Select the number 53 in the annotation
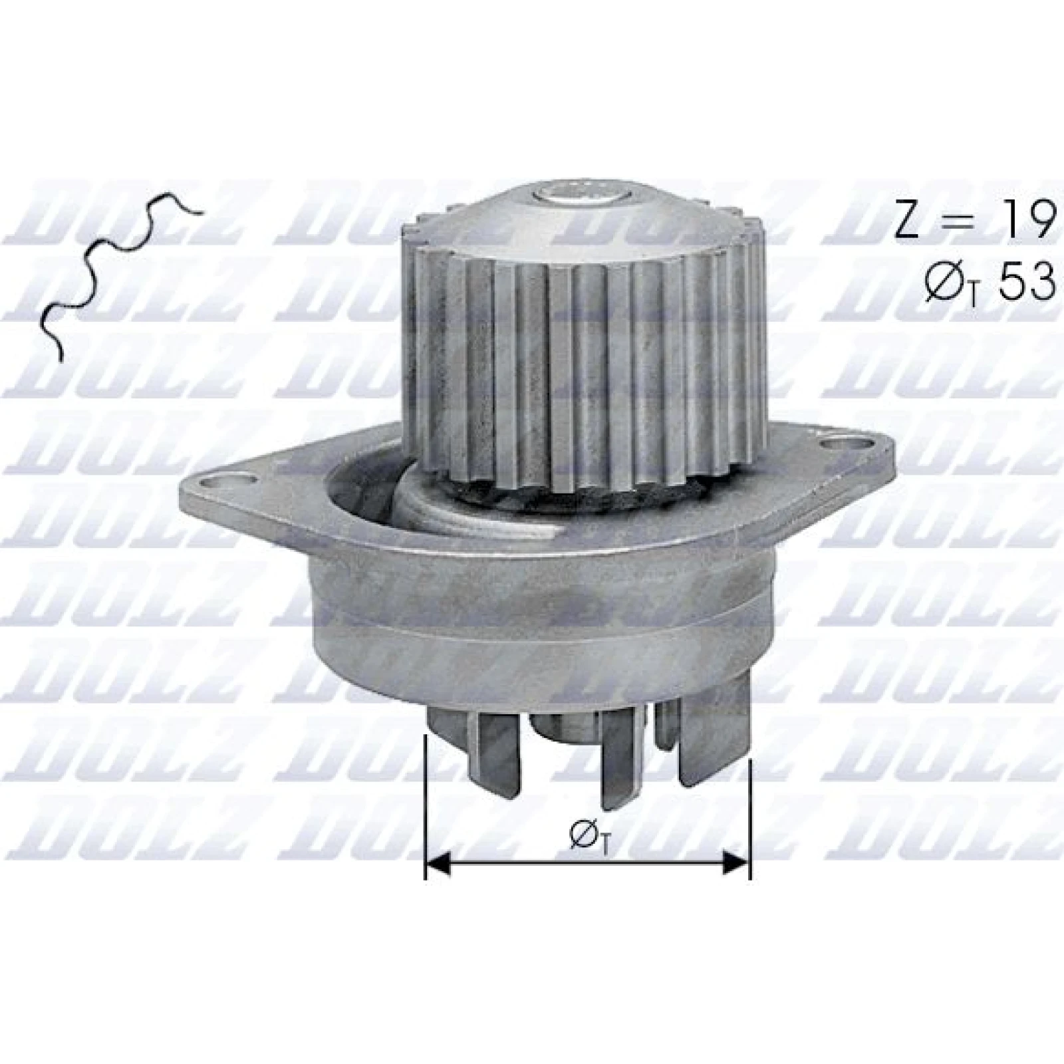coord(1027,281)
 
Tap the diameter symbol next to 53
coord(946,283)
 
